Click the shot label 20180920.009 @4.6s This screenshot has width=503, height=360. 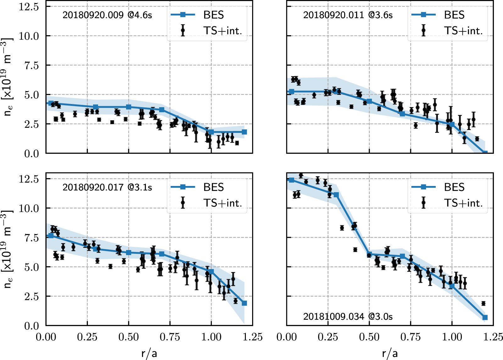(x=107, y=15)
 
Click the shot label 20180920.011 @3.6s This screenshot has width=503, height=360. (x=348, y=15)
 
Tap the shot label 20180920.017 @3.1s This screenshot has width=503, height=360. (x=107, y=188)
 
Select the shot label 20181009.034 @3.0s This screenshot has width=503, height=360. (x=348, y=316)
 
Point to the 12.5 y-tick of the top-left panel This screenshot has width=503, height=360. (x=29, y=7)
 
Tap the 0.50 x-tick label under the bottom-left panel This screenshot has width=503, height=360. (x=129, y=337)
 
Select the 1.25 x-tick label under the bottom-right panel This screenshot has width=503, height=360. (x=493, y=337)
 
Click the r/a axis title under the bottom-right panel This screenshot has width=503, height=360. (x=390, y=353)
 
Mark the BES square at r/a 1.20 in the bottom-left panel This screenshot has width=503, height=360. (x=244, y=303)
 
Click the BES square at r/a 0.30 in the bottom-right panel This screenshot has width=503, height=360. (x=336, y=195)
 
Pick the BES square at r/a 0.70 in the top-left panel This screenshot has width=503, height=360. (x=162, y=110)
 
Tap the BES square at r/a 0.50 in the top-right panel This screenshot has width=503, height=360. (x=369, y=101)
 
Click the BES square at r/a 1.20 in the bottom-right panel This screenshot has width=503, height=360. (x=485, y=318)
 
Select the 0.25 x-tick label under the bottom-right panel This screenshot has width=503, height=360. (x=328, y=337)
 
